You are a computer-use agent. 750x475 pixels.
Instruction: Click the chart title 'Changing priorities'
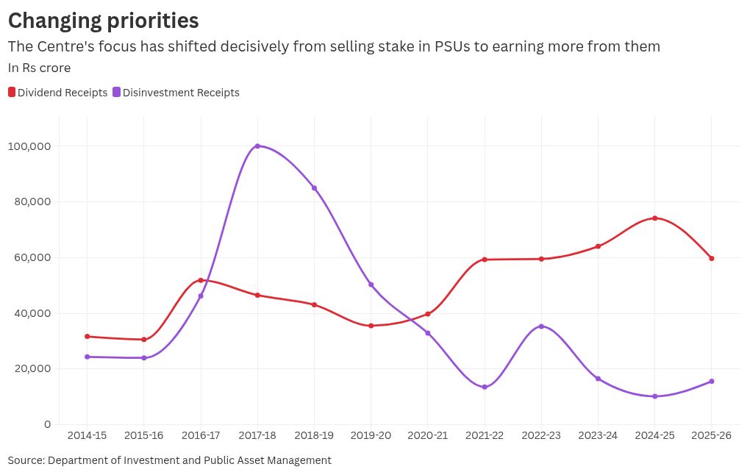pyautogui.click(x=103, y=20)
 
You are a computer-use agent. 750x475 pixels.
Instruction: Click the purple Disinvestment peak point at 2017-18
pyautogui.click(x=257, y=146)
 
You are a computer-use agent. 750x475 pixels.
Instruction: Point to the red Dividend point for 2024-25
pyautogui.click(x=654, y=218)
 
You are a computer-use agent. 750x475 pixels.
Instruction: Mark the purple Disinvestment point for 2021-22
pyautogui.click(x=485, y=387)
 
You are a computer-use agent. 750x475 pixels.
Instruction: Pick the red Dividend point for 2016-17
pyautogui.click(x=201, y=280)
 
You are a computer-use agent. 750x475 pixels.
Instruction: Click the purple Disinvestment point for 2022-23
pyautogui.click(x=541, y=326)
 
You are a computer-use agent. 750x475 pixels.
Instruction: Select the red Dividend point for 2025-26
pyautogui.click(x=712, y=258)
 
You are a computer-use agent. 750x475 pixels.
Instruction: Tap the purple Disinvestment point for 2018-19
pyautogui.click(x=314, y=188)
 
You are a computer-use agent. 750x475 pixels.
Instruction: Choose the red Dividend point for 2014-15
pyautogui.click(x=87, y=337)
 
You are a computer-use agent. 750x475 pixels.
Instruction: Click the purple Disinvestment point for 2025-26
pyautogui.click(x=712, y=381)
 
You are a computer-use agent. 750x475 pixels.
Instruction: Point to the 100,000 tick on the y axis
pyautogui.click(x=29, y=146)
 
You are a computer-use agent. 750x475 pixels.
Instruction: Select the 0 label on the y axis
pyautogui.click(x=47, y=424)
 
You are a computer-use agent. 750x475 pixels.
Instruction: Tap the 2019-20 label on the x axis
pyautogui.click(x=371, y=436)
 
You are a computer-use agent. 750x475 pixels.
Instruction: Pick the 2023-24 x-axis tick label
pyautogui.click(x=598, y=436)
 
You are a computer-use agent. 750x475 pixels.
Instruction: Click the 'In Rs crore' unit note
pyautogui.click(x=39, y=68)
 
